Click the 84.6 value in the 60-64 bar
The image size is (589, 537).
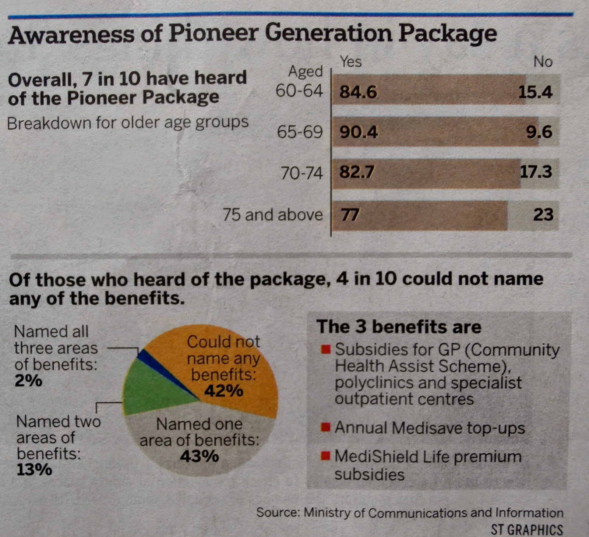coord(358,92)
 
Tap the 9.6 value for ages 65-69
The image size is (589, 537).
coord(539,132)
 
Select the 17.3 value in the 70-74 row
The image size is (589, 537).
coord(536,172)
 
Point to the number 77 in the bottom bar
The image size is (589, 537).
coord(350,215)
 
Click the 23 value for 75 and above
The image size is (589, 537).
coord(543,215)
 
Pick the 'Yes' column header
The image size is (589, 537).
coord(350,61)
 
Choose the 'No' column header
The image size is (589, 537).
coord(543,61)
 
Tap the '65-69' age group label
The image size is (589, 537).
coord(300,132)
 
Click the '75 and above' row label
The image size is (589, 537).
coord(273,215)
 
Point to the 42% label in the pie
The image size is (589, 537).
coord(224,391)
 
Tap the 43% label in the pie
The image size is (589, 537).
coord(200,456)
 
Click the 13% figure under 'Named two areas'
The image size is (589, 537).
coord(34,470)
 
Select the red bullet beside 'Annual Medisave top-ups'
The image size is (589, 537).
coord(325,427)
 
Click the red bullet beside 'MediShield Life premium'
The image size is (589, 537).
coord(325,456)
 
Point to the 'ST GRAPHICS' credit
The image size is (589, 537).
coord(527,529)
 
